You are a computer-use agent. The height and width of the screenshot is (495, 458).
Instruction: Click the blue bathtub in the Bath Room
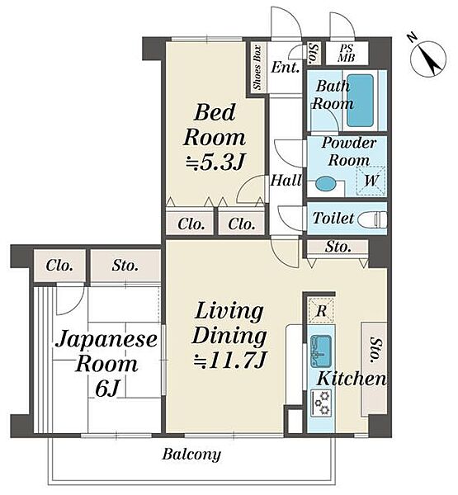coord(360,101)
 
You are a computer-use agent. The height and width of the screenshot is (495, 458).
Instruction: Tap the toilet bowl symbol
coord(374,219)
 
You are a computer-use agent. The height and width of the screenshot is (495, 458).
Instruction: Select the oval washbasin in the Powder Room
coord(326,184)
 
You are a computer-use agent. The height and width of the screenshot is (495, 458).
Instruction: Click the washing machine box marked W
coord(371,181)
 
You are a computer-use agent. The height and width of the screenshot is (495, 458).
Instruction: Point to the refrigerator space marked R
coord(321,310)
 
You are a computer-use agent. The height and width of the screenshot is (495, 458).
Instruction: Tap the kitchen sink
coord(320,351)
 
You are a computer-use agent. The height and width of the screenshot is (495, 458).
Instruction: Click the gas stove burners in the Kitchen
coord(321,403)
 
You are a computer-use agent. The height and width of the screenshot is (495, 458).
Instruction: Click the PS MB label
coord(347,53)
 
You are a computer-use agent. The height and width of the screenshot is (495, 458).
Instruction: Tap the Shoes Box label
coord(257,68)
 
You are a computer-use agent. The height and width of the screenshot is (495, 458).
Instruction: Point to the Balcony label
coord(191,455)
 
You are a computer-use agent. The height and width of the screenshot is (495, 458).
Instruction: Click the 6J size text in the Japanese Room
coord(106,389)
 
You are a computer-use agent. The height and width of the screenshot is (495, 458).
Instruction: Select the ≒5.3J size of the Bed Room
coord(215,163)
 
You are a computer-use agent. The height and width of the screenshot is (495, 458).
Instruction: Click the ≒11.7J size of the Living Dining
coord(230,361)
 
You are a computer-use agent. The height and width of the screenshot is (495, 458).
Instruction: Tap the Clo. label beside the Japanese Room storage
coord(59,266)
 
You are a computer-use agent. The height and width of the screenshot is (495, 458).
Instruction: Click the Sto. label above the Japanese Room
coord(125,266)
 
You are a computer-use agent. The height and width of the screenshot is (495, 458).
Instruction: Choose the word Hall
coord(286,180)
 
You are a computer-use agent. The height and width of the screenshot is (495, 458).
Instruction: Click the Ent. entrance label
coord(286,67)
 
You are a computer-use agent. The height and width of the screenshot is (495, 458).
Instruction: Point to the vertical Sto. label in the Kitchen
coord(375,350)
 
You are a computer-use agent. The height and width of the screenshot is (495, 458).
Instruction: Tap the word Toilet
coord(333,218)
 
